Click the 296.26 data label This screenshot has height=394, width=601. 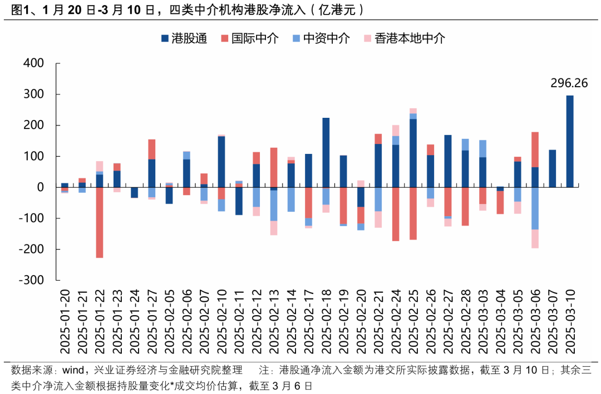click(x=569, y=83)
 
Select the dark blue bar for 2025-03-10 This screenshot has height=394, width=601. click(x=569, y=141)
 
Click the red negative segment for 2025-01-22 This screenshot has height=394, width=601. click(x=99, y=222)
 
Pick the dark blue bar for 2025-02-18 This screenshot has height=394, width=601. click(x=326, y=152)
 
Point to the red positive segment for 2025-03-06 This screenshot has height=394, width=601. click(x=535, y=149)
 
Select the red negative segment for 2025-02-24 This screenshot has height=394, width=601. click(x=396, y=214)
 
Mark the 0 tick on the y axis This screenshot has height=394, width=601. click(x=40, y=187)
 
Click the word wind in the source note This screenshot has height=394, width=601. click(x=75, y=370)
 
